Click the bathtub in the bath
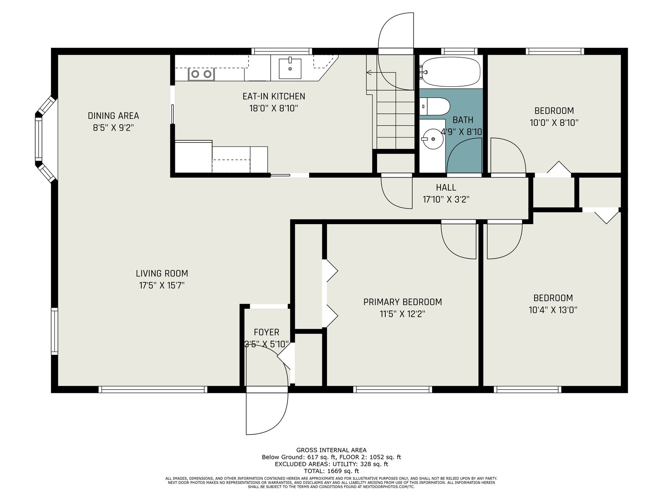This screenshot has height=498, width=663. click(x=451, y=71)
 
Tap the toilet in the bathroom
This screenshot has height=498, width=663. click(x=434, y=106)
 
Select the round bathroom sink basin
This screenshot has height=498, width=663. click(x=433, y=139)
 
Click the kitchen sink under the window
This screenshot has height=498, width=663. click(x=290, y=68)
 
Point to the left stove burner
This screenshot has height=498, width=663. click(x=195, y=74)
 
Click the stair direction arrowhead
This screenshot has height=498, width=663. click(x=369, y=73)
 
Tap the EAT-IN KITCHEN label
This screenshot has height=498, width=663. click(x=273, y=96)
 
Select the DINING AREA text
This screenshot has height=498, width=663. click(x=113, y=116)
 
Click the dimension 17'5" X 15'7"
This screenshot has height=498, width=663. click(x=162, y=286)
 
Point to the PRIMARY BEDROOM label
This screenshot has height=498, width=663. click(x=402, y=302)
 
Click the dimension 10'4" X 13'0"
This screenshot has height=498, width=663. click(x=553, y=310)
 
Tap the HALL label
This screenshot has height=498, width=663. click(x=446, y=188)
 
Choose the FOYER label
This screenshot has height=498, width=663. click(x=266, y=332)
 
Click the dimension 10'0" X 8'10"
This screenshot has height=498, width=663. click(x=554, y=123)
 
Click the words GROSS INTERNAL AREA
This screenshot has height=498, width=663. click(x=331, y=450)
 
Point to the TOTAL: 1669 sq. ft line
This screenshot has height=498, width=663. click(x=331, y=471)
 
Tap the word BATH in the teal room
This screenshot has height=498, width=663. click(x=463, y=120)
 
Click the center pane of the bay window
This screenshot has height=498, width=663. click(x=39, y=139)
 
